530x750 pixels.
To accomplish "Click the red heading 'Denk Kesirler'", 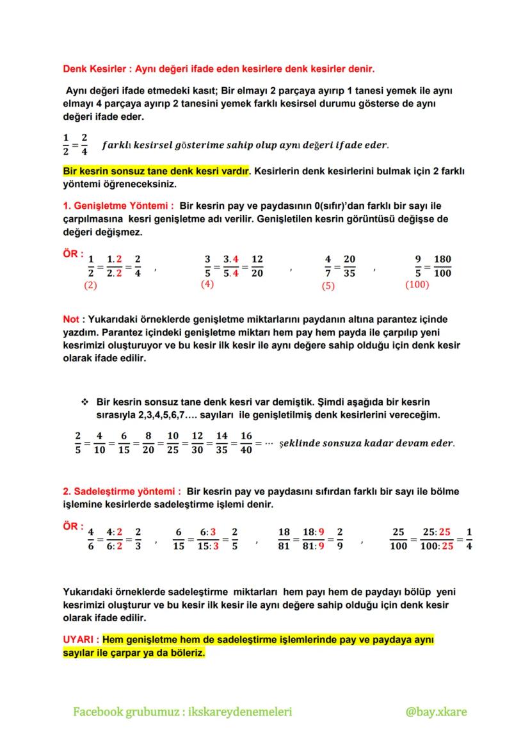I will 93,68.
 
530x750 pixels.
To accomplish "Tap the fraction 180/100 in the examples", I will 442,266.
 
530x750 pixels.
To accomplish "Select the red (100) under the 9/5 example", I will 417,284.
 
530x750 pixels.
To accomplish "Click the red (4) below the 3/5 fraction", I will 207,284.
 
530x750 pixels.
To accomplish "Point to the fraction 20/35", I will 349,266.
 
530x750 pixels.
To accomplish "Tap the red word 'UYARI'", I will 79,640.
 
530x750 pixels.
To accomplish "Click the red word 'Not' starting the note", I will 70,319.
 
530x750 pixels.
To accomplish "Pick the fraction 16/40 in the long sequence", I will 246,443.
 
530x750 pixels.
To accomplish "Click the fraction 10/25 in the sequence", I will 173,443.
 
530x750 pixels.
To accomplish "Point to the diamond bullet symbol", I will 84,402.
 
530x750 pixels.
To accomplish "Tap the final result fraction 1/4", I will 470,539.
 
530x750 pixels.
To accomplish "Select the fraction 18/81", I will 285,539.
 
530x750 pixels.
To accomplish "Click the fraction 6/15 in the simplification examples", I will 179,539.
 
